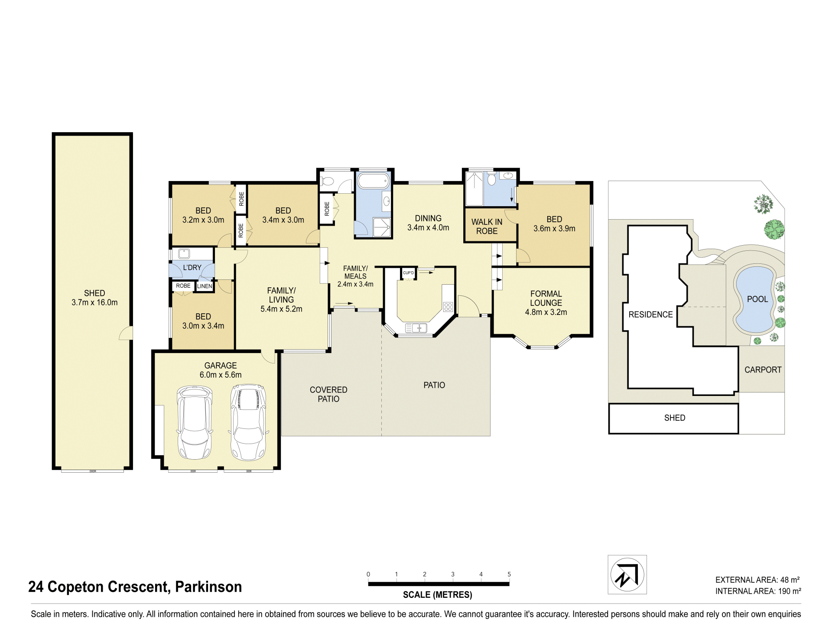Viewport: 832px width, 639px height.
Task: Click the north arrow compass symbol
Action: pos(627,574)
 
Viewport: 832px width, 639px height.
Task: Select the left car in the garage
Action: pos(195,423)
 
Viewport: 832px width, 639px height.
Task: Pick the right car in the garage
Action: pos(248,422)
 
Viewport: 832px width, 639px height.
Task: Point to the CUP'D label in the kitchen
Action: pos(408,273)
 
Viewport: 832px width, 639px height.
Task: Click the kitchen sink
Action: pos(416,328)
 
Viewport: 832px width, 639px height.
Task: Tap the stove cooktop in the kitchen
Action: pos(448,307)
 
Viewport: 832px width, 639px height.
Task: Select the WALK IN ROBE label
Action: pos(487,227)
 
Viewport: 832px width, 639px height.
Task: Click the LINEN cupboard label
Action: pos(205,286)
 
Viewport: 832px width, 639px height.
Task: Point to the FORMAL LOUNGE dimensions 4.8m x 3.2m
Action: pos(546,312)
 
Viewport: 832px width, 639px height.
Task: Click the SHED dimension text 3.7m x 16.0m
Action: pos(94,302)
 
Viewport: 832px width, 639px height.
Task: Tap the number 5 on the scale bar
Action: pos(509,574)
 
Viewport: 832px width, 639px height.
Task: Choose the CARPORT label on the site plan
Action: pos(763,370)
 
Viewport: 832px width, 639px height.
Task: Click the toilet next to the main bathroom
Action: pos(327,181)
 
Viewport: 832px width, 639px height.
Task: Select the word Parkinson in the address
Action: pos(208,587)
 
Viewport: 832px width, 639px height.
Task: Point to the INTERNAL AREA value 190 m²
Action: pos(790,591)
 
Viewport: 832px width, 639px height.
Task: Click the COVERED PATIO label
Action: pos(328,394)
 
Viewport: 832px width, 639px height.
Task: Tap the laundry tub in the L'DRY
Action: pos(184,253)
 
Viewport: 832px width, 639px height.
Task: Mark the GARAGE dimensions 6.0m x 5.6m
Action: pos(221,375)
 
